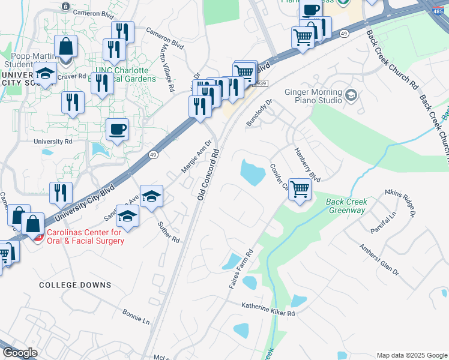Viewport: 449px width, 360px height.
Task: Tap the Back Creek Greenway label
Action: click(346, 206)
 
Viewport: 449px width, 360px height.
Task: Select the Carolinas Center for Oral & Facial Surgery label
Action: click(84, 236)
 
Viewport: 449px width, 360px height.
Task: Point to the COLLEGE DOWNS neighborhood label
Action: click(68, 285)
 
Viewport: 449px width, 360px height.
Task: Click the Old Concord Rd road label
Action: click(207, 176)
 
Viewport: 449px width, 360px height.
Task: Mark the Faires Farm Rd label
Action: click(241, 269)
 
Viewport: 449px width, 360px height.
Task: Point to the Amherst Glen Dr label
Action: click(379, 259)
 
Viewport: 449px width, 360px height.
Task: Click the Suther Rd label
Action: click(169, 232)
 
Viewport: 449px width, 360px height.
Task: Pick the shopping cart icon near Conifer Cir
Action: click(300, 189)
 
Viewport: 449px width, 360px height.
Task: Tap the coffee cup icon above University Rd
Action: click(118, 129)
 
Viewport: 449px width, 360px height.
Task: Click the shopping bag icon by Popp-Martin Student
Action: click(65, 46)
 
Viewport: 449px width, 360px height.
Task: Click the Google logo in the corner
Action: click(20, 353)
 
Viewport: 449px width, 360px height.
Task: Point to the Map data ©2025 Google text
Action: click(411, 355)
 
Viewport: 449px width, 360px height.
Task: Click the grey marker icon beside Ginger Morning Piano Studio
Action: click(351, 94)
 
